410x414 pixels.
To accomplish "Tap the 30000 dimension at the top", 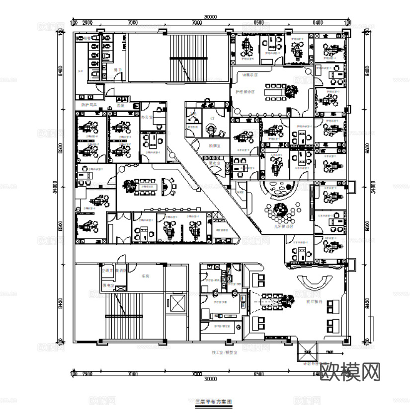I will pyautogui.click(x=211, y=16).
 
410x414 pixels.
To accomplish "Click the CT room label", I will pyautogui.click(x=212, y=119).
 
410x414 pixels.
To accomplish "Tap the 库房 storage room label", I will pyautogui.click(x=146, y=276).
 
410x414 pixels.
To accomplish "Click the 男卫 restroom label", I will pyautogui.click(x=117, y=70).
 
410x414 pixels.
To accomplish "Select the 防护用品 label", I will pyautogui.click(x=89, y=105).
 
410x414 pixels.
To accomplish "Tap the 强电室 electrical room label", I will pyautogui.click(x=107, y=287).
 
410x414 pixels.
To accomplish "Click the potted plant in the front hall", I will pyautogui.click(x=287, y=300).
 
